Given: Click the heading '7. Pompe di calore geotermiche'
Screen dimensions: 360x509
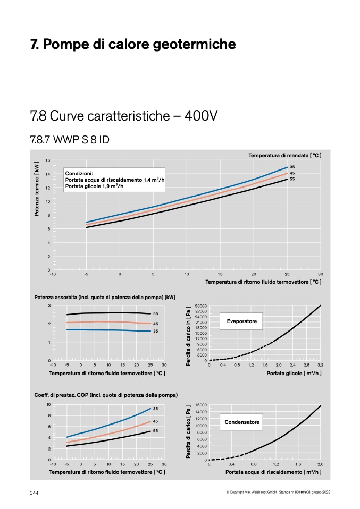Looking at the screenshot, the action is tap(133, 44).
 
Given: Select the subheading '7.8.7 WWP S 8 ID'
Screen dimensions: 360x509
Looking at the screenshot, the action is tap(70, 140).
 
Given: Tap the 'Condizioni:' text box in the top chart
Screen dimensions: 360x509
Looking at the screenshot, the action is tap(114, 180).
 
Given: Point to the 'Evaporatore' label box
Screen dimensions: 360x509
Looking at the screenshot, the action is tap(241, 321).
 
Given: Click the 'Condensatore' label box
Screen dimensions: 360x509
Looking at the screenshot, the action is tap(241, 422).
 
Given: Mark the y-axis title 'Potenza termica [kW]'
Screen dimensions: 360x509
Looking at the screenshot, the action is tap(37, 189).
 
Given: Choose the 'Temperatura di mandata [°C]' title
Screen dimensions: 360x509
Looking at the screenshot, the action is tap(285, 156).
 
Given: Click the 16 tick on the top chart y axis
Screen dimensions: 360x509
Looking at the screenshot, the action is tap(48, 160).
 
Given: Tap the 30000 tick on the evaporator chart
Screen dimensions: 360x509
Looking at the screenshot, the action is tap(201, 306).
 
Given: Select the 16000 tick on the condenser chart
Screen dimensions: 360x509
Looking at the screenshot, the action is tap(201, 405).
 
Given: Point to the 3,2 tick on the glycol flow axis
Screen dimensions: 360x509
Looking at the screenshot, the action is tap(320, 365).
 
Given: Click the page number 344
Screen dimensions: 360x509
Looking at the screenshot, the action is tap(34, 493).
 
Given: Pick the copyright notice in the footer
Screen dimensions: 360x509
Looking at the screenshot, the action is tap(278, 493).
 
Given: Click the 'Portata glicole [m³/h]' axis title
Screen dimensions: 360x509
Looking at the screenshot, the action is tap(294, 374).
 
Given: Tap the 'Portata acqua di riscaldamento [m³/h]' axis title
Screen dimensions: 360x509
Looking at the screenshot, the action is tap(273, 472).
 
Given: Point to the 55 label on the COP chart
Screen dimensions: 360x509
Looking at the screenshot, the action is tap(156, 431).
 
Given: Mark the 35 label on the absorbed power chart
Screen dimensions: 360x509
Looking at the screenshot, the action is tap(156, 331).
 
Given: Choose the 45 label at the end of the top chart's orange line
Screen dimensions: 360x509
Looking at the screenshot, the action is tap(292, 173).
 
